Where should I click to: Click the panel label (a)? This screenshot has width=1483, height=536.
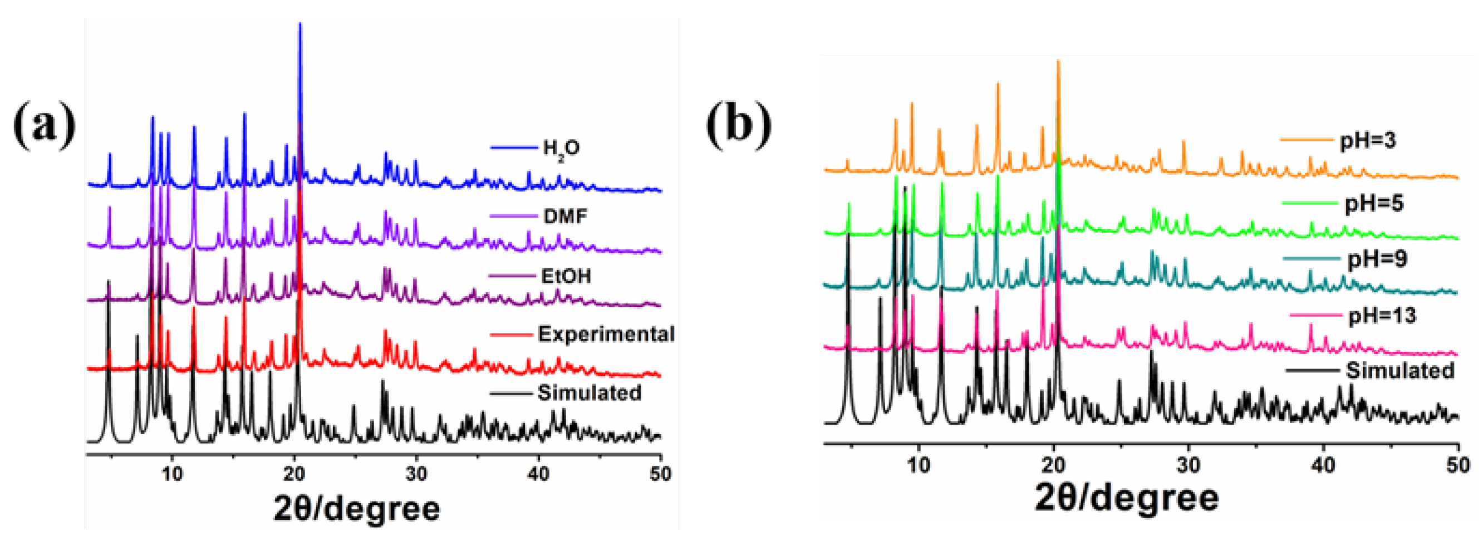[45, 125]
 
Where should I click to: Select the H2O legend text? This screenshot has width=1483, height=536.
[561, 149]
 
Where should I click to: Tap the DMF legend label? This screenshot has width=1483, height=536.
[566, 217]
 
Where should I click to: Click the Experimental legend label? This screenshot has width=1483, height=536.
[606, 334]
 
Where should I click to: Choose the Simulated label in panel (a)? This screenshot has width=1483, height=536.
[590, 392]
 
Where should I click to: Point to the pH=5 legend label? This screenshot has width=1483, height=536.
[1374, 203]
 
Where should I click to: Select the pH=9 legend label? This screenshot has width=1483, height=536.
[1378, 259]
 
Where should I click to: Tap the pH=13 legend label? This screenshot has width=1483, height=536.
[1382, 316]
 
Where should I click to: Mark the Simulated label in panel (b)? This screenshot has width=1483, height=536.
[1400, 370]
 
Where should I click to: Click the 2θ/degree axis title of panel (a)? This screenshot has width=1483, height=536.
[357, 509]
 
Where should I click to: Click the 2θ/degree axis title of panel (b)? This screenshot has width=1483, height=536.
[1127, 498]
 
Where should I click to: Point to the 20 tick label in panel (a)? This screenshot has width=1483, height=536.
[294, 474]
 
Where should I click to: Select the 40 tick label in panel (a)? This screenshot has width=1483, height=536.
[538, 474]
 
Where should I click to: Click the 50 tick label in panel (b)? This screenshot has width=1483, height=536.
[1457, 465]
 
